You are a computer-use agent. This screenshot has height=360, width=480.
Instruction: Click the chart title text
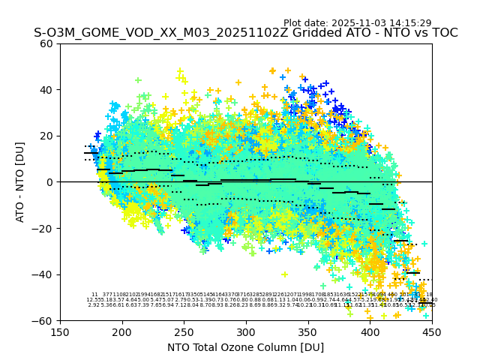[x=246, y=33]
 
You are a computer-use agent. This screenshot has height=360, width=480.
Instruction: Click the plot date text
[x=357, y=23]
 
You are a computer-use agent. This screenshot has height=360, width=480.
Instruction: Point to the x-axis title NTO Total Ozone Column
[x=246, y=347]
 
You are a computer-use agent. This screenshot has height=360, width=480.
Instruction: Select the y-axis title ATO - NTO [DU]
[x=20, y=181]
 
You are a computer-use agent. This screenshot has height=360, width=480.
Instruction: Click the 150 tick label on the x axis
[x=60, y=331]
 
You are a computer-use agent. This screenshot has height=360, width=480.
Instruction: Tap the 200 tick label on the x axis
[x=122, y=331]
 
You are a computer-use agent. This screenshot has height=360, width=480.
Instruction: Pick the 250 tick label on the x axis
[x=184, y=331]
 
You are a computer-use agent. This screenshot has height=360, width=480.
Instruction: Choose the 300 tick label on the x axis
[x=246, y=331]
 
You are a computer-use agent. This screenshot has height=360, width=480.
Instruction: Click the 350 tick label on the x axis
[x=308, y=331]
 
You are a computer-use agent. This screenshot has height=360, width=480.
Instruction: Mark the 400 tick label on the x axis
[x=370, y=331]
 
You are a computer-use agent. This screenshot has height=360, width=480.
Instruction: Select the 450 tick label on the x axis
[x=432, y=331]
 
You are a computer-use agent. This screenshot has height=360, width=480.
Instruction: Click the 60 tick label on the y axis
[x=46, y=43]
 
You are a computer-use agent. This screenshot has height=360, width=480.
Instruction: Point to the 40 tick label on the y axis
[x=46, y=90]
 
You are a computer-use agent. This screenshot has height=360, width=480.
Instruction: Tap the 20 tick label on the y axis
[x=46, y=136]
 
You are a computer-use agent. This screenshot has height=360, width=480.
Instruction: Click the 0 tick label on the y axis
[x=50, y=182]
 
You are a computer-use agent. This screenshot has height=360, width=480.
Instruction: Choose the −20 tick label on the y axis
[x=43, y=228]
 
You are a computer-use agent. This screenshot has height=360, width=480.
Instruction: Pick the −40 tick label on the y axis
[x=43, y=274]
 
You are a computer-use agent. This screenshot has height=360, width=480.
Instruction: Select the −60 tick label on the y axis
[x=43, y=320]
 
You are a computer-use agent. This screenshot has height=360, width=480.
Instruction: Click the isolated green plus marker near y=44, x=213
[x=138, y=80]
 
